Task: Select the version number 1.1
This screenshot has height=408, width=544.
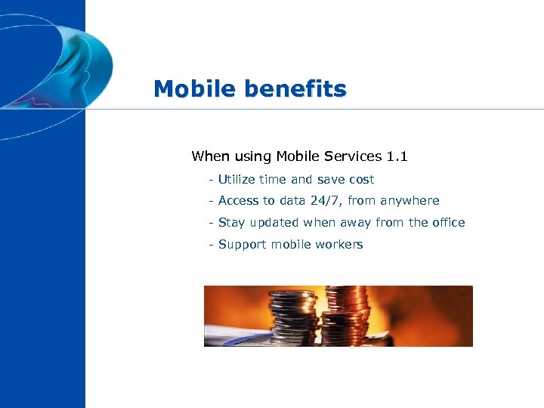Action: [397, 156]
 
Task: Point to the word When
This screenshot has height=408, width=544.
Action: [209, 156]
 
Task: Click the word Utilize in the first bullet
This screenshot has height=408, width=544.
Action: [236, 180]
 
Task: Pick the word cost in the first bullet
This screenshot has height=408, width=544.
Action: [360, 180]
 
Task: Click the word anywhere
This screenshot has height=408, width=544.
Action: [410, 201]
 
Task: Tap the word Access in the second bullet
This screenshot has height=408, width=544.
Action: [238, 201]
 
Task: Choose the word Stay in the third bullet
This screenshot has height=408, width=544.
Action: [230, 223]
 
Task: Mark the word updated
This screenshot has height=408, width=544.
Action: [273, 223]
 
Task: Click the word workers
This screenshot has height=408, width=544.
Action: [340, 245]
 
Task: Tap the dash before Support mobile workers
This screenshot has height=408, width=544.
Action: [211, 245]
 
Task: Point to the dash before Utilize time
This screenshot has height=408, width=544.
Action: [211, 180]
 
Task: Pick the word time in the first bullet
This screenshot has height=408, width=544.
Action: [273, 180]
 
